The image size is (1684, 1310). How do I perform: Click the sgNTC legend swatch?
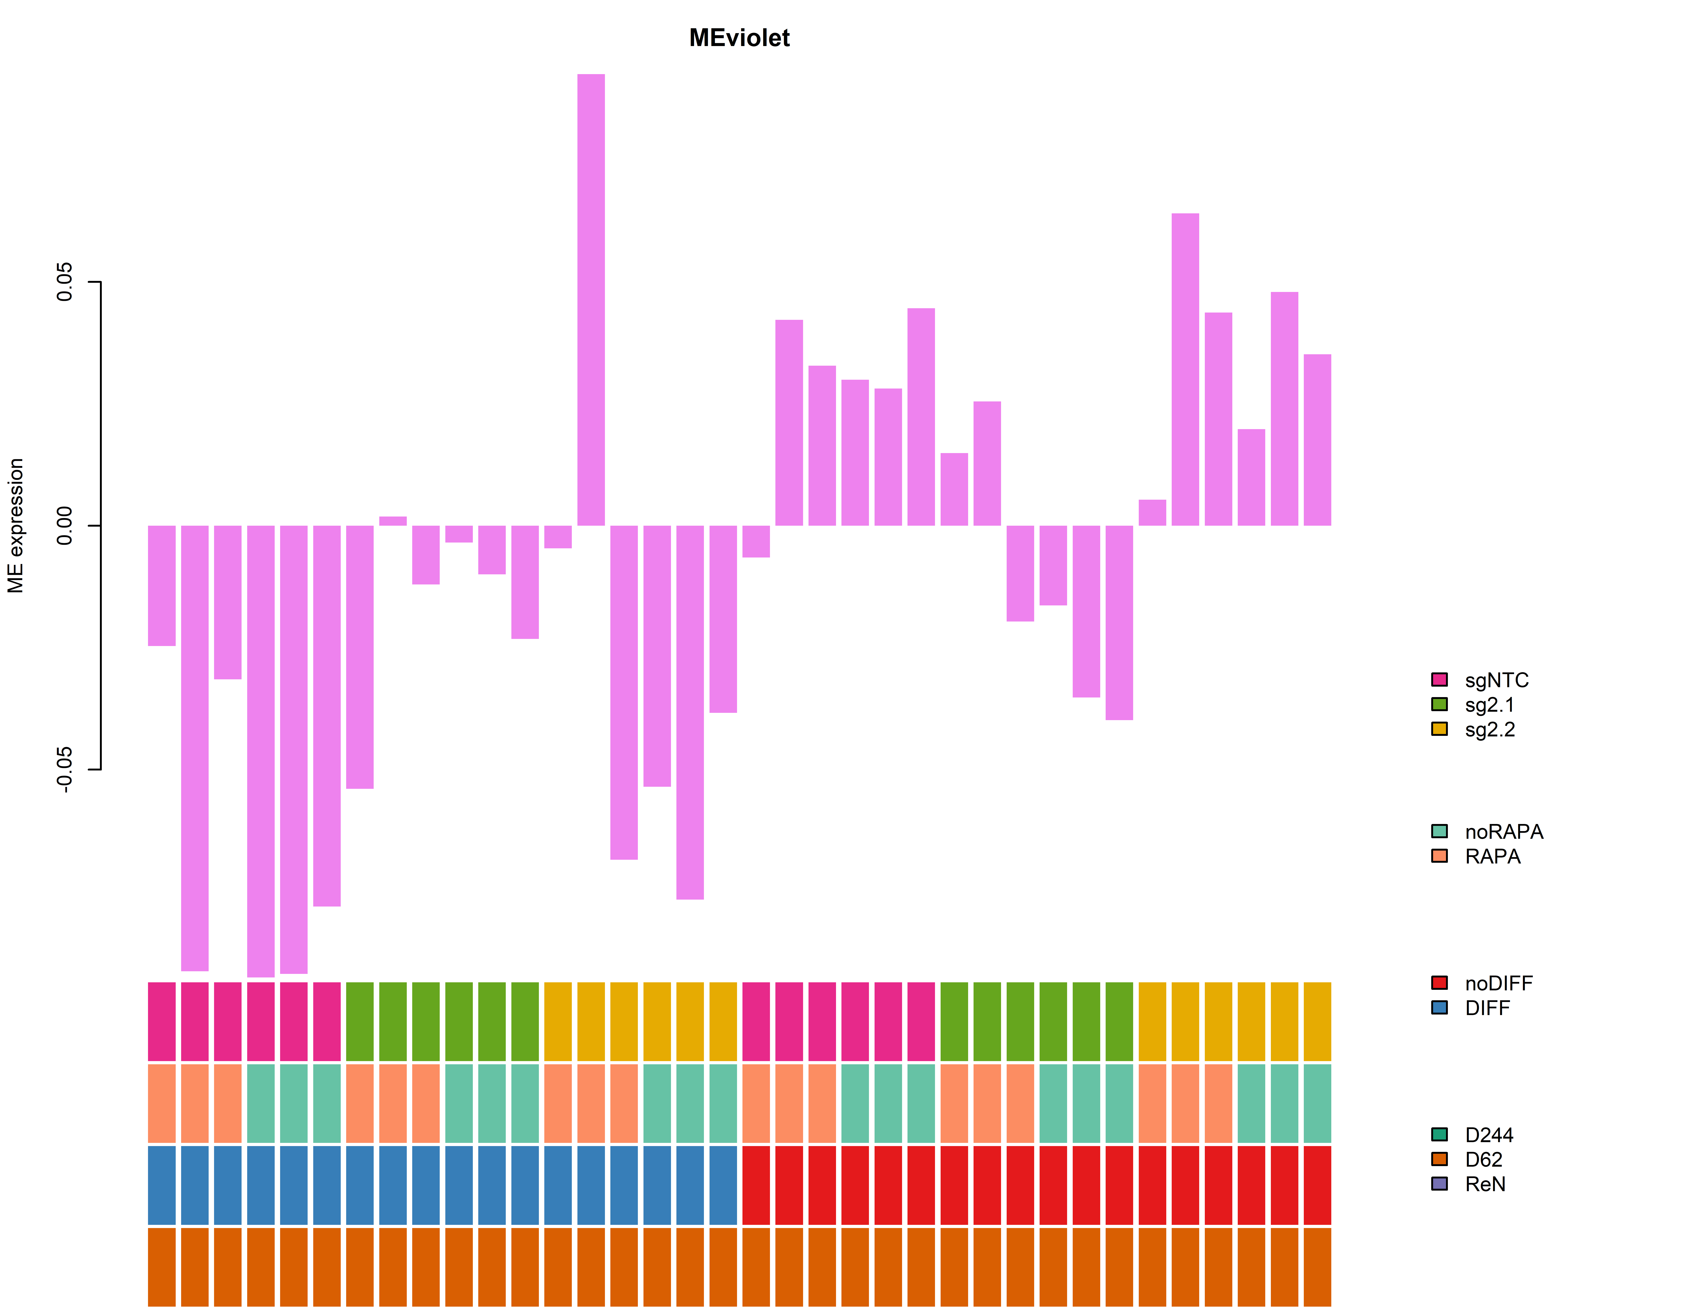pos(1439,679)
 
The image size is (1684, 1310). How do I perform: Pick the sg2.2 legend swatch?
pos(1439,729)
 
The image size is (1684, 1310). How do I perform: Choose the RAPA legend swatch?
pos(1439,856)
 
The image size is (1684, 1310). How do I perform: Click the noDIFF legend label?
pos(1498,983)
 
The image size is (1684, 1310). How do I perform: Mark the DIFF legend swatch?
pos(1439,1008)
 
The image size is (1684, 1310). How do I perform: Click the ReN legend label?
pos(1485,1184)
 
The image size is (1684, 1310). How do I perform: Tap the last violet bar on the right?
pos(1317,439)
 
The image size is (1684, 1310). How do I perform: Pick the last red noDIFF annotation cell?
pos(1317,1185)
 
